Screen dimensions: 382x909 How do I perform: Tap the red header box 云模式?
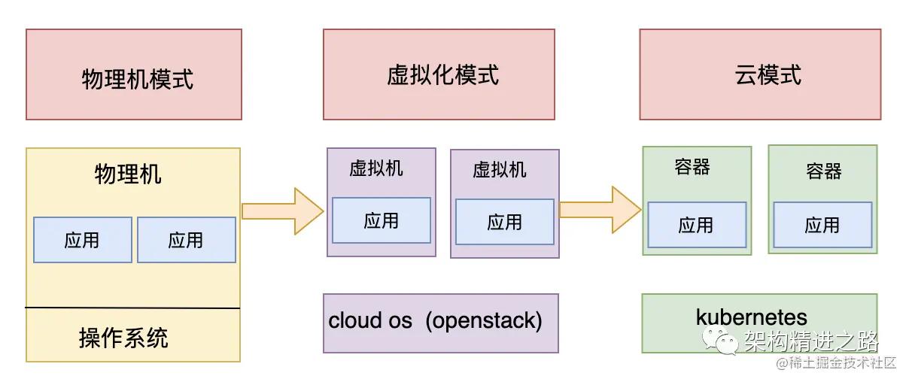760,74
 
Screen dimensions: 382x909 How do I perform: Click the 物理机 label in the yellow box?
128,174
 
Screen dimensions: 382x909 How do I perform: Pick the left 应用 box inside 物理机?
83,240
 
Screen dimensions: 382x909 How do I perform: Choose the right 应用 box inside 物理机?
187,240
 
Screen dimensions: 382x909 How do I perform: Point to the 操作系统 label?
124,338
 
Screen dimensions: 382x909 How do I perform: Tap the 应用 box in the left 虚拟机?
382,220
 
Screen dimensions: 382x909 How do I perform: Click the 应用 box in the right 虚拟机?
505,222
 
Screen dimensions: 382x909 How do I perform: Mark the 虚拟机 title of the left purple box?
376,168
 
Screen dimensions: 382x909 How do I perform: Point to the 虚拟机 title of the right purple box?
500,169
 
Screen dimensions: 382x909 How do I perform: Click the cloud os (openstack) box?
441,322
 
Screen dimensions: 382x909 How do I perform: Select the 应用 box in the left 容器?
697,225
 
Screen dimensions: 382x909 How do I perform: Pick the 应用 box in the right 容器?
822,225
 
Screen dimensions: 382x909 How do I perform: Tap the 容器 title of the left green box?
692,167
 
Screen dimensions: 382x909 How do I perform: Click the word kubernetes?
752,317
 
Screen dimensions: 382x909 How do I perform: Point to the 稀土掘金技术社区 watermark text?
836,363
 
